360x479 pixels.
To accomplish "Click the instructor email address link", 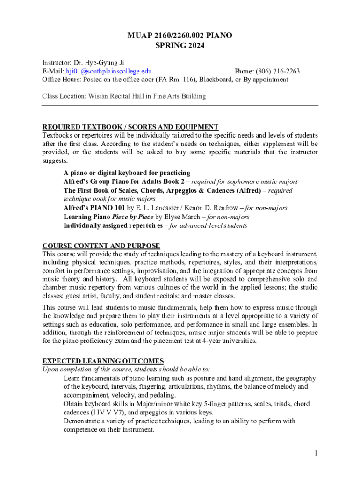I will click(108, 72).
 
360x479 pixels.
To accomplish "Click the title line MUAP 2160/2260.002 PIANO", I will click(180, 36).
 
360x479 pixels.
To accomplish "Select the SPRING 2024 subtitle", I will click(180, 46).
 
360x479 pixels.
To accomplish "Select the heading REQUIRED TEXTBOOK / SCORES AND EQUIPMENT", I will click(130, 127).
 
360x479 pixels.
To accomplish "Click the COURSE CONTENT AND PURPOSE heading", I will click(101, 246).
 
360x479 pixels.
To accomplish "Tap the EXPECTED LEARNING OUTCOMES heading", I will click(103, 361).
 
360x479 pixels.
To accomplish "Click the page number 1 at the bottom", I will click(316, 453).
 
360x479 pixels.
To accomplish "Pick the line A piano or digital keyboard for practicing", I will click(127, 173).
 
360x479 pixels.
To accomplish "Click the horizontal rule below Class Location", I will click(180, 106).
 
